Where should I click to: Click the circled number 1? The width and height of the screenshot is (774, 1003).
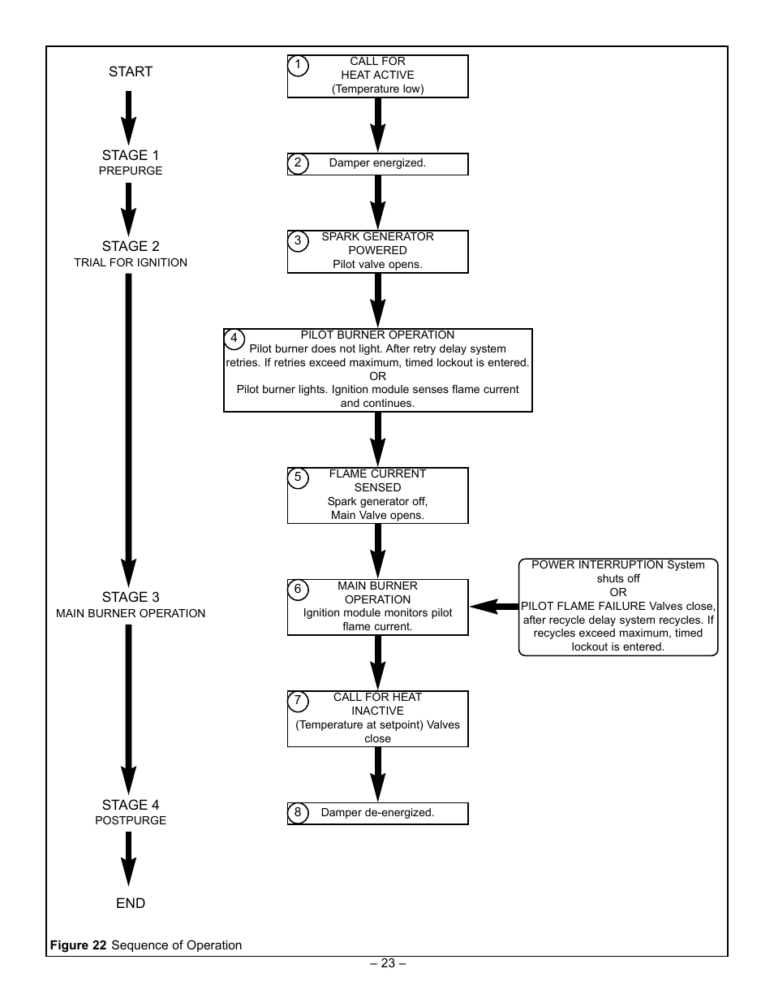coord(298,66)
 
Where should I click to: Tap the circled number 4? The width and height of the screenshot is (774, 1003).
coord(234,339)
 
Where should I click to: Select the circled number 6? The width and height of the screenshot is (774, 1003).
coord(298,590)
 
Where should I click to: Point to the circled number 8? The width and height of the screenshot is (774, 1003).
coord(298,813)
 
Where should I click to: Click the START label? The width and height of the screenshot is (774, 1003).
coord(131,71)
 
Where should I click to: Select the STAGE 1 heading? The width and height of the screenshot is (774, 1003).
coord(131,155)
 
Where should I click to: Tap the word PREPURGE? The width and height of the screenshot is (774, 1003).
coord(131,171)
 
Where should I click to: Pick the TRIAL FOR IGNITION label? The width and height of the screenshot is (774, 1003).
coord(131,262)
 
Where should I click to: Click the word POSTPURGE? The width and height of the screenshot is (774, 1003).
coord(131,821)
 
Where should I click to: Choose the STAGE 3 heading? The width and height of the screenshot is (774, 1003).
coord(131,597)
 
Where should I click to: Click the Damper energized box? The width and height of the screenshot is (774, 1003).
coord(377,164)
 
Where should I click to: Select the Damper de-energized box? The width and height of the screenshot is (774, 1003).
coord(377,813)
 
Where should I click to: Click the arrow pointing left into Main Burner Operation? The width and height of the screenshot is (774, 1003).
coord(494,607)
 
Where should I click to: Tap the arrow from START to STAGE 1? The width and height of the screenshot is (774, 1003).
coord(129,118)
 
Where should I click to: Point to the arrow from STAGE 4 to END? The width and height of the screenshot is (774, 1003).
coord(129,859)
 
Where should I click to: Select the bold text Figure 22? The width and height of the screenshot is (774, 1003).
coord(78,945)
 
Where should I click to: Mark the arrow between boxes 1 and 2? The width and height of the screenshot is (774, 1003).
coord(377,125)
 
